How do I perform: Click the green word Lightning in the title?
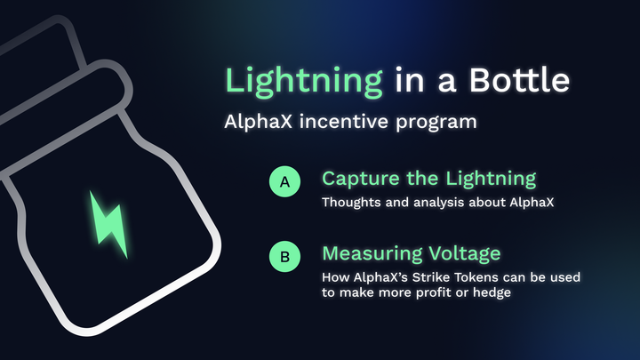coord(303,81)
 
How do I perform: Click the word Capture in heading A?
coord(358,179)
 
